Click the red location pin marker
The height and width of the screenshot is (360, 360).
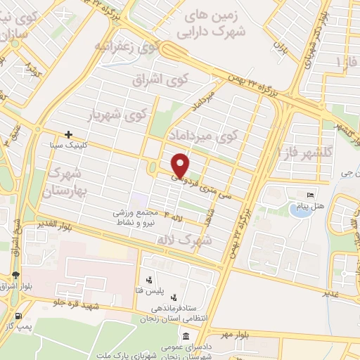point(180,165)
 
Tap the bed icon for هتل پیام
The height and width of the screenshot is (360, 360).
point(310,195)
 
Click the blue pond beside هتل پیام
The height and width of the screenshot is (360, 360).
point(300,210)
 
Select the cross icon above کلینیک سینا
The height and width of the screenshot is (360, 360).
point(68,134)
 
